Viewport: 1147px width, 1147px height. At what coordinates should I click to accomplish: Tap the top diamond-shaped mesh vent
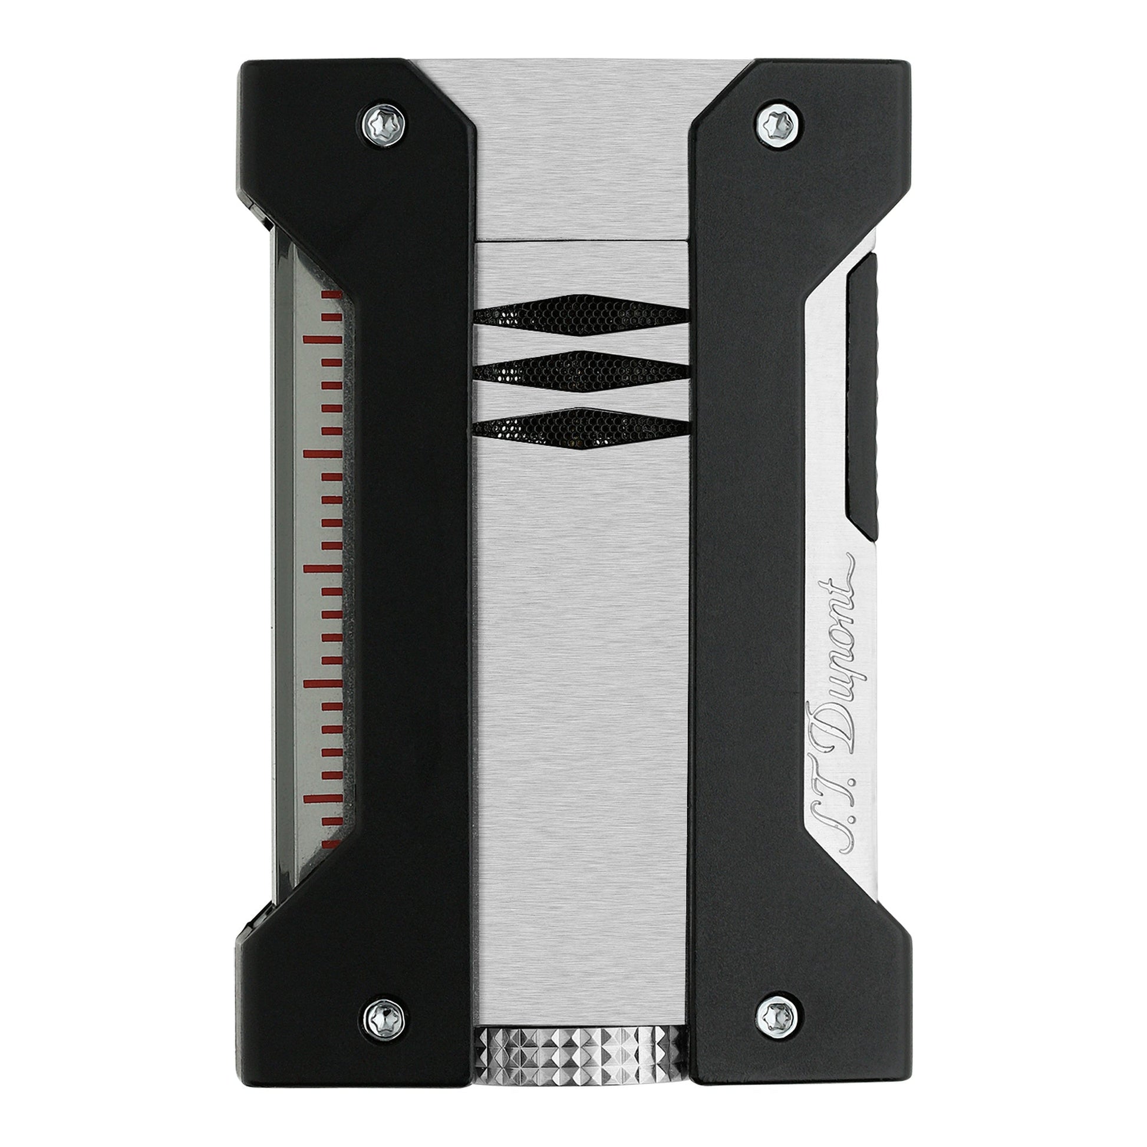(581, 311)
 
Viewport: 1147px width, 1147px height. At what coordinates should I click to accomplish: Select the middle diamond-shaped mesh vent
(581, 367)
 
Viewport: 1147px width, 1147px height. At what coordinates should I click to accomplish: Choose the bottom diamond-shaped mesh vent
(581, 424)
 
